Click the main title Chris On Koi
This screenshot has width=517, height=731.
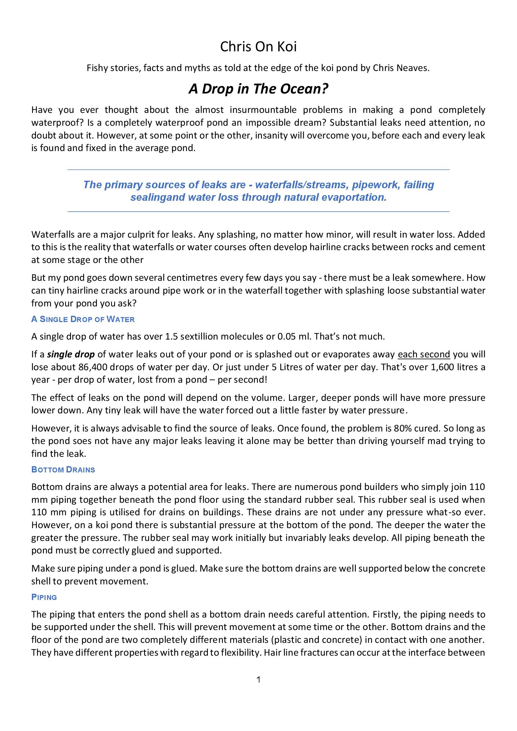click(258, 47)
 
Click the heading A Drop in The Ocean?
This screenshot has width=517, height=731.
click(258, 89)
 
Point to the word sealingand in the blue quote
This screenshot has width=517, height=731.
click(158, 197)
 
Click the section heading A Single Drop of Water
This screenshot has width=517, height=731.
click(83, 319)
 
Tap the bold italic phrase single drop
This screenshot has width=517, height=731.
click(71, 354)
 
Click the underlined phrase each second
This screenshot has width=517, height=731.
click(424, 354)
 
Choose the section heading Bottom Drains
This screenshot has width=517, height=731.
click(63, 470)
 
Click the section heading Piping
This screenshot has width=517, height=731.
click(44, 597)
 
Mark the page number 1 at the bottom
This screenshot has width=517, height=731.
click(258, 680)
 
